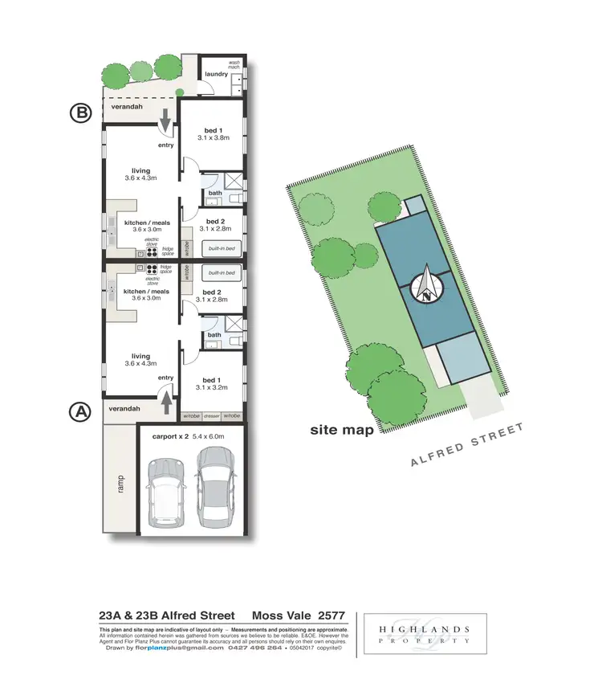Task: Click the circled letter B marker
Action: tap(79, 113)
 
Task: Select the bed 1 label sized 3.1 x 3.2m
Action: tap(213, 383)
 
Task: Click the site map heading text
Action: tap(342, 431)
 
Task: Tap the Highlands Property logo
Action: tap(423, 635)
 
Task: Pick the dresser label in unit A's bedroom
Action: tap(212, 416)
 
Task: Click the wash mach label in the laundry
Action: tap(234, 64)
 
